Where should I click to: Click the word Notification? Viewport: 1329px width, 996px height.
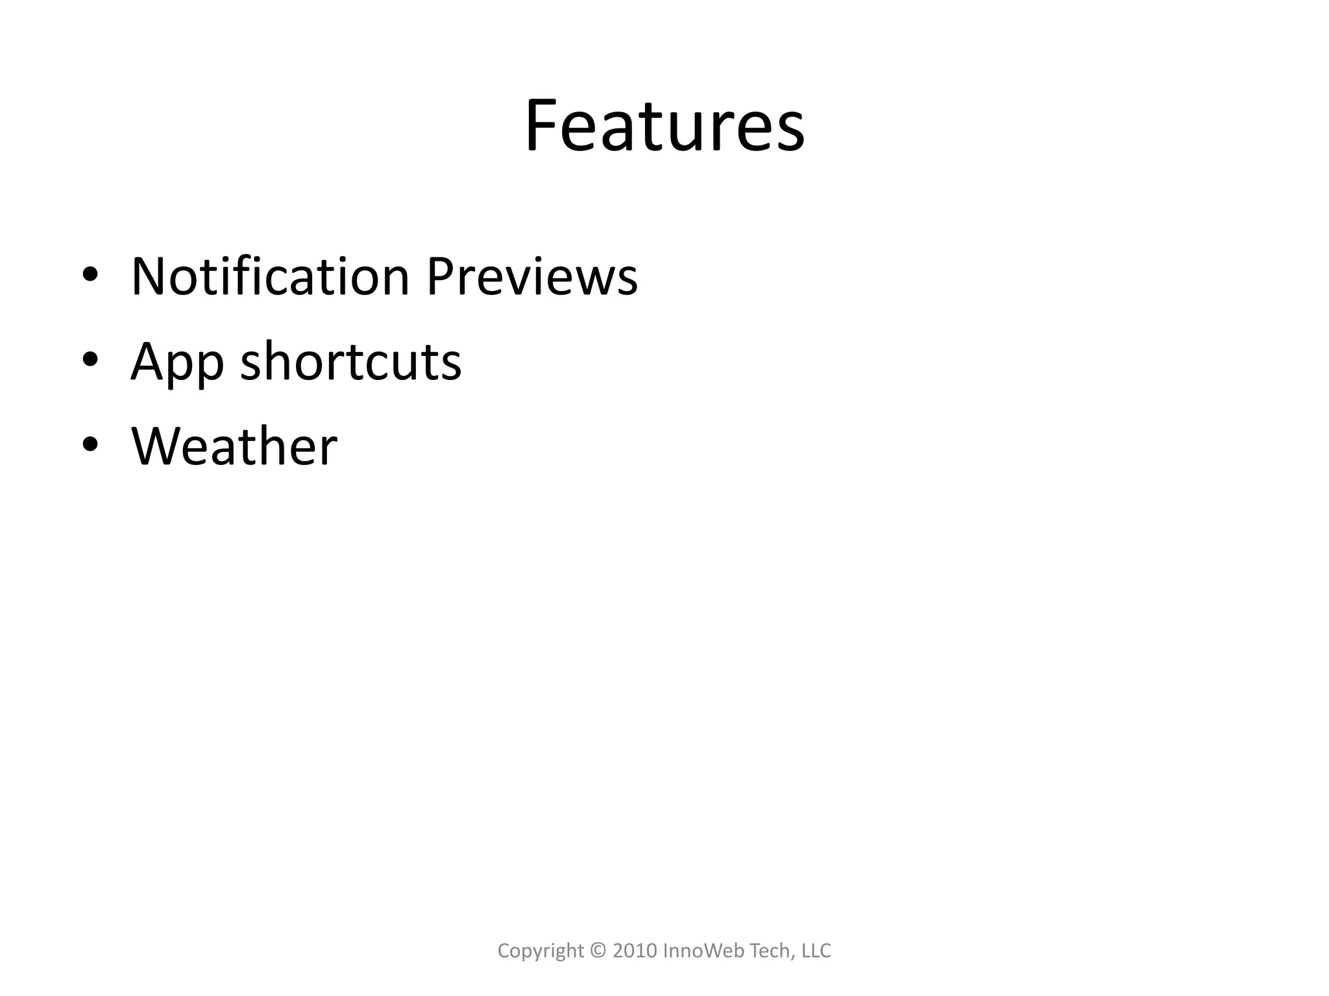pyautogui.click(x=270, y=277)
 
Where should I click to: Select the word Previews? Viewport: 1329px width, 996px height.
pyautogui.click(x=531, y=277)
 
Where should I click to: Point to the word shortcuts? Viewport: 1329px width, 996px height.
pyautogui.click(x=350, y=361)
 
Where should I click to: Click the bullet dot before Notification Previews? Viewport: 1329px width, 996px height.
pyautogui.click(x=90, y=274)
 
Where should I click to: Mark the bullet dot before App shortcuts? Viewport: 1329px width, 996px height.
pyautogui.click(x=90, y=359)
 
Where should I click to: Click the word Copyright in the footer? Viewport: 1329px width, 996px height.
pyautogui.click(x=541, y=951)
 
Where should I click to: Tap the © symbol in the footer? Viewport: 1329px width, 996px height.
pyautogui.click(x=598, y=951)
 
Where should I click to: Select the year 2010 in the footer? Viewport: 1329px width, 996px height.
pyautogui.click(x=635, y=951)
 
